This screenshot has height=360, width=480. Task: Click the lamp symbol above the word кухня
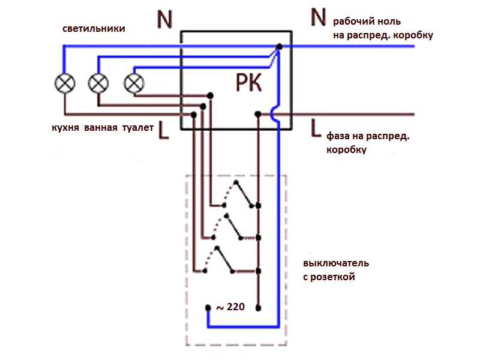65,83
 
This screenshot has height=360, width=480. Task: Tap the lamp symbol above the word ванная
98,83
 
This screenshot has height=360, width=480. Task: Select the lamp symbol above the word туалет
133,83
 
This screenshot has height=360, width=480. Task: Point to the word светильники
94,29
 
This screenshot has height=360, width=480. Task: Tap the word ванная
102,128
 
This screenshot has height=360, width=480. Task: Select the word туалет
138,128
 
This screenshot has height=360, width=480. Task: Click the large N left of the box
164,20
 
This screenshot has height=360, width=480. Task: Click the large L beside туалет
165,131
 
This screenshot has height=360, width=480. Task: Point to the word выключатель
336,263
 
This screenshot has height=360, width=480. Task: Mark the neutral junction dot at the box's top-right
280,46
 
